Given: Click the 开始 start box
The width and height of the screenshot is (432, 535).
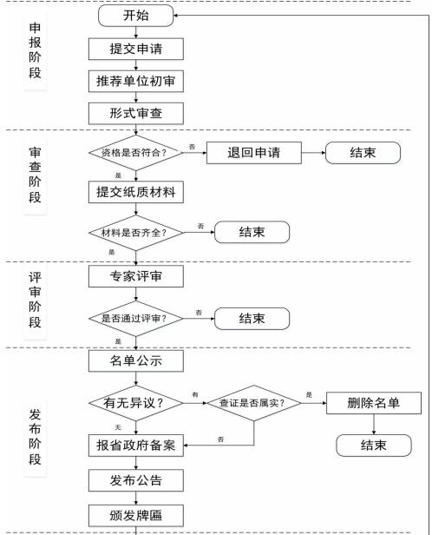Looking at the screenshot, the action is pos(136,16).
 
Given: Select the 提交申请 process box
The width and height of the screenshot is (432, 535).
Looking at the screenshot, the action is pos(136,49).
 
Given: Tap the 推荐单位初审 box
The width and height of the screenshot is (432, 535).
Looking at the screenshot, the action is pos(136,82).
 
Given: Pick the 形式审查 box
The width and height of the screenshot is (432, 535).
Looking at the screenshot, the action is pos(136,113).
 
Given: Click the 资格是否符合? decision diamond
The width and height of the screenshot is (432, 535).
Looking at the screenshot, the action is pos(136,153).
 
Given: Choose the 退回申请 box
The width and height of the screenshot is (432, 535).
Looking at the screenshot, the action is pos(254,153).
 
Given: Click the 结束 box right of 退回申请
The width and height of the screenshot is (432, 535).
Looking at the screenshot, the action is pos(363,153).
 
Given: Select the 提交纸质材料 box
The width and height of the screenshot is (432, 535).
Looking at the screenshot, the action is pos(136,192).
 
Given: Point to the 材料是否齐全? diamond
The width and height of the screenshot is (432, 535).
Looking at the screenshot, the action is pos(136,233).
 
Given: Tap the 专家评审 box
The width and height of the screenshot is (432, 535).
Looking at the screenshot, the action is pos(136,276).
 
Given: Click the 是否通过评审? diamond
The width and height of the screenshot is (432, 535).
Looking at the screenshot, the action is pos(136,319).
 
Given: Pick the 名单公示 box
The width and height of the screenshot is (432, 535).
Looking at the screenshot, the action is pos(136,360).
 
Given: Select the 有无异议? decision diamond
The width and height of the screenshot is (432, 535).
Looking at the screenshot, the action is pos(136,403).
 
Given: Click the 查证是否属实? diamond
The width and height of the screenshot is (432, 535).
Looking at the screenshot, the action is pos(254,403).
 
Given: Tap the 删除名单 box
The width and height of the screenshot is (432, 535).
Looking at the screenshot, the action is pos(374,403).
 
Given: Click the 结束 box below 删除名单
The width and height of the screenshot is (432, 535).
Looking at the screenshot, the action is pos(374,446).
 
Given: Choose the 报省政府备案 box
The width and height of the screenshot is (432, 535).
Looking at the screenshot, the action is pos(136,446).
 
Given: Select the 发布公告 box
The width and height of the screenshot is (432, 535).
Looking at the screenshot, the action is pos(136,480).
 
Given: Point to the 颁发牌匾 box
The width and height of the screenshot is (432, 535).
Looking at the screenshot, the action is pos(136,515).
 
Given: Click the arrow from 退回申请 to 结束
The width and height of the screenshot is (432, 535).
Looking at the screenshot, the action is pos(313,153).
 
